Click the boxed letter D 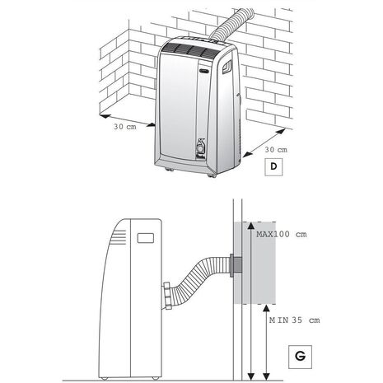coord(273,166)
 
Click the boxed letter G coord(300,357)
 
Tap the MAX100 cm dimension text coord(282,234)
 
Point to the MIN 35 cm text coord(294,320)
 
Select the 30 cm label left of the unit coord(125,127)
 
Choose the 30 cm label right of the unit coord(276,150)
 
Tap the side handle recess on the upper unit coord(227,67)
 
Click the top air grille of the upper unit coord(191,50)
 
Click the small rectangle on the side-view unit coord(145,238)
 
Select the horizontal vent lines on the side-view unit coord(119,237)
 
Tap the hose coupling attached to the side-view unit coord(167,296)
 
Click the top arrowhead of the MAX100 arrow coord(250,226)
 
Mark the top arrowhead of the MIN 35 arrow coord(266,308)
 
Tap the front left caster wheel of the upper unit coord(170,170)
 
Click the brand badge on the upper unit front coord(204,69)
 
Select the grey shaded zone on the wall coord(255,263)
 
